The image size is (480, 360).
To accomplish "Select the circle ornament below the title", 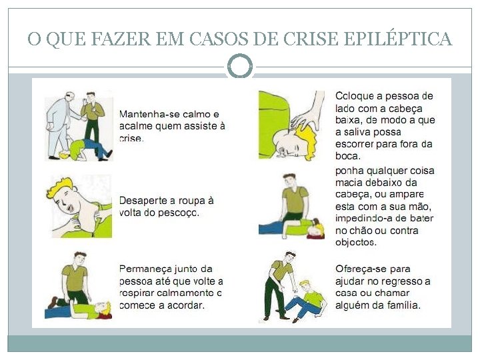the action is click(240, 66).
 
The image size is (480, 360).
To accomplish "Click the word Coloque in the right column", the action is click(355, 96).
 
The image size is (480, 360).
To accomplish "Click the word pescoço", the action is click(178, 213).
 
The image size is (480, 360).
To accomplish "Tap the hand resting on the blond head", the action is click(307, 112).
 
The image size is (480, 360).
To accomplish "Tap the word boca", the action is click(348, 156).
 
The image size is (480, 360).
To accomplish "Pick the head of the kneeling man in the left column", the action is click(80, 259).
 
